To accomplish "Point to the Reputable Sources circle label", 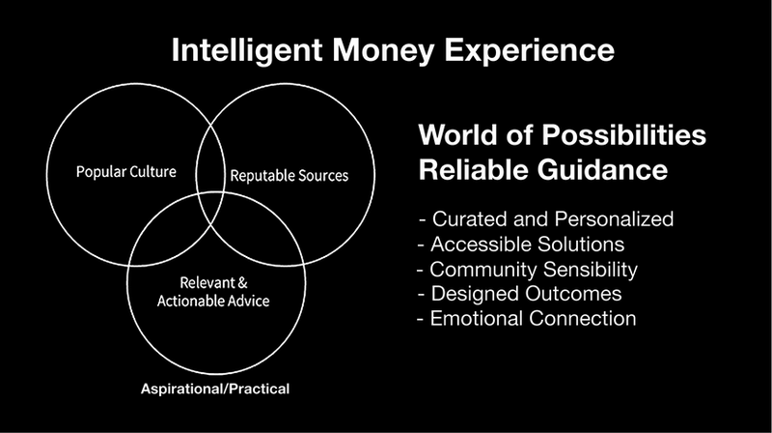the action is click(289, 177).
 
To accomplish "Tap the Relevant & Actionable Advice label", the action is click(215, 292).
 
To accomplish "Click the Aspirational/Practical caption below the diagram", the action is click(214, 390).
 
